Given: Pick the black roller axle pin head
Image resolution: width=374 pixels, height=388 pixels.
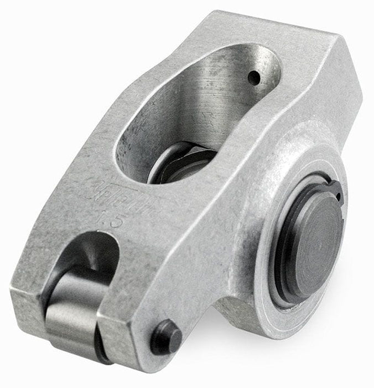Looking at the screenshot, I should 165,335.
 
